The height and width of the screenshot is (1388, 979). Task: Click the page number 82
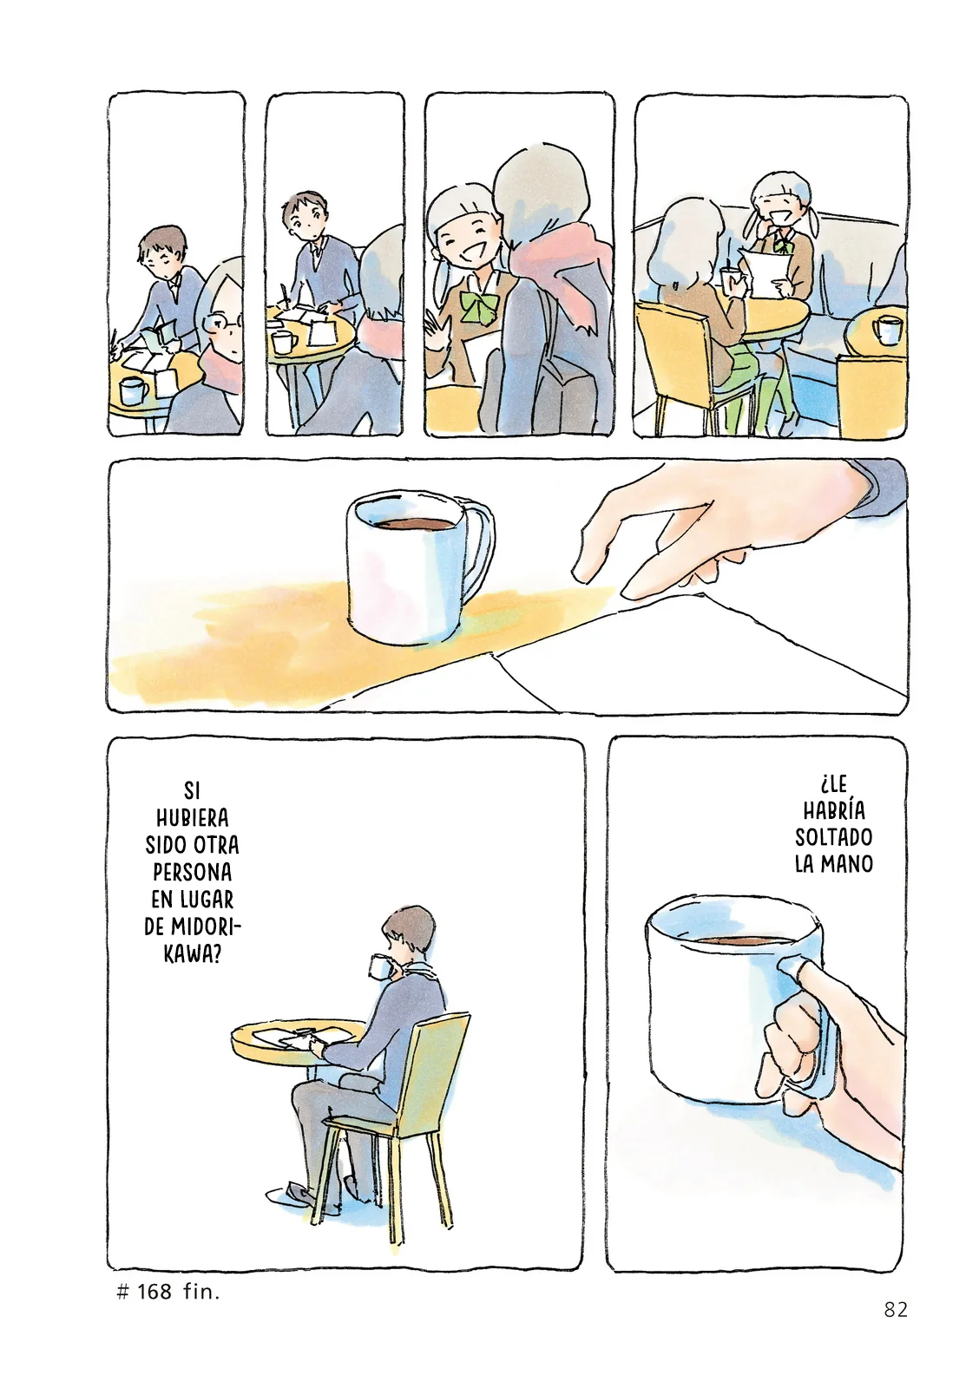[x=896, y=1310]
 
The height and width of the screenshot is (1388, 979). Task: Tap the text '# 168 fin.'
[x=168, y=1292]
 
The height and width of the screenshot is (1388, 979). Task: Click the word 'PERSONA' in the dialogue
[x=193, y=872]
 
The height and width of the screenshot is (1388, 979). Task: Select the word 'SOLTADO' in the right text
[x=834, y=837]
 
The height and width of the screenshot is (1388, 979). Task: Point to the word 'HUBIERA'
[x=193, y=818]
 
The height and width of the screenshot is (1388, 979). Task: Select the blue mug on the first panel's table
[x=133, y=390]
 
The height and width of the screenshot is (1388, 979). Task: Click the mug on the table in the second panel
[x=283, y=342]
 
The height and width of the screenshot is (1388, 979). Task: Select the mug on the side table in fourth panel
[x=887, y=330]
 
